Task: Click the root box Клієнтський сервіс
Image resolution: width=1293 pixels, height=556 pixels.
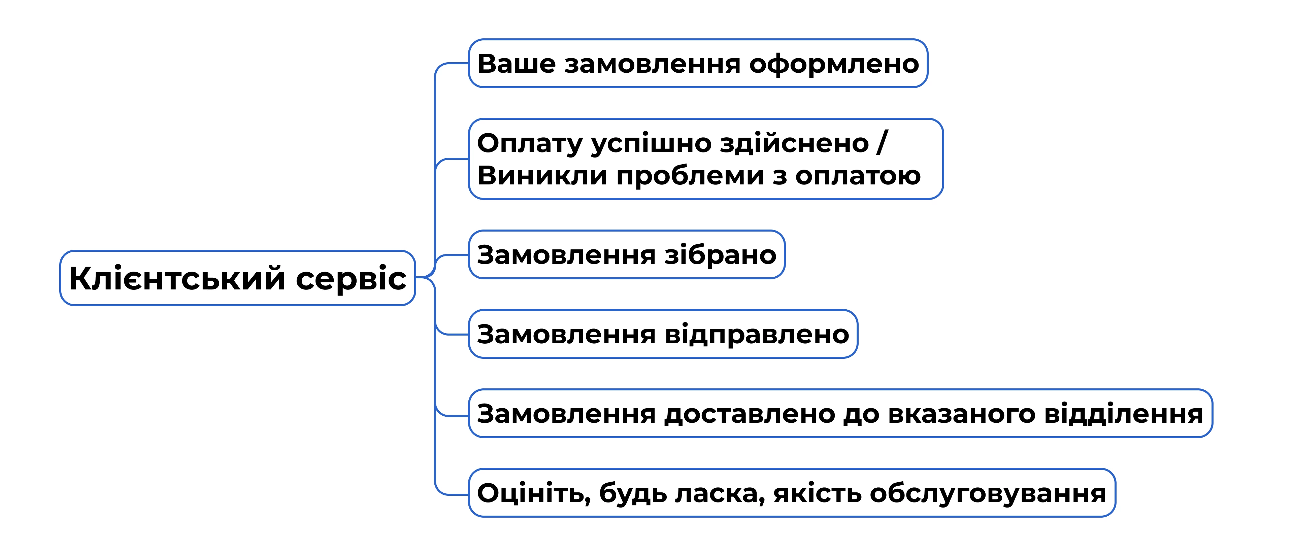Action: coord(237,278)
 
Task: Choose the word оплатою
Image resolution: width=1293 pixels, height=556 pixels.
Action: coord(858,176)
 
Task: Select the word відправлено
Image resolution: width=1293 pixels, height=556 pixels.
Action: coord(757,334)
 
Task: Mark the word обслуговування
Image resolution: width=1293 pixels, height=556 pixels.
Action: coord(988,493)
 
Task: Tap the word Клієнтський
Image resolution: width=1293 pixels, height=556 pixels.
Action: coord(177,278)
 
